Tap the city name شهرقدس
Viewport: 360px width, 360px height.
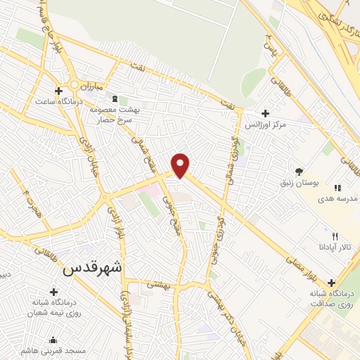point(92,267)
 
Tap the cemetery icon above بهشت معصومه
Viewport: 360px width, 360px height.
point(124,101)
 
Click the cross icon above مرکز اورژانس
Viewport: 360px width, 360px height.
point(265,113)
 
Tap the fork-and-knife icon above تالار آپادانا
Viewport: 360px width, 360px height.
point(335,236)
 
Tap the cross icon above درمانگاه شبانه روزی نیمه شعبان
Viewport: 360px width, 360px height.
point(53,291)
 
